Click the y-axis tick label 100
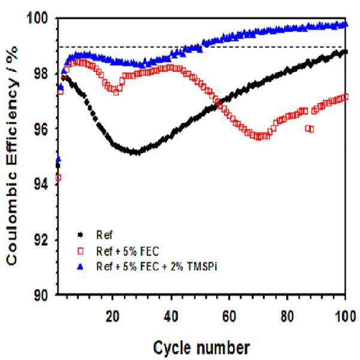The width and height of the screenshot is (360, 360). (38, 18)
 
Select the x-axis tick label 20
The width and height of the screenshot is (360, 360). (113, 316)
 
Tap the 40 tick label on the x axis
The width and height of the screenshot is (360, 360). (171, 316)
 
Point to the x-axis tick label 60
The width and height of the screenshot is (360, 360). (229, 316)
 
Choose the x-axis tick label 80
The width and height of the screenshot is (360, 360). (287, 316)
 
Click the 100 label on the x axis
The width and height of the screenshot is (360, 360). (345, 316)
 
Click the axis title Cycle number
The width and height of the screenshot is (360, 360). (201, 348)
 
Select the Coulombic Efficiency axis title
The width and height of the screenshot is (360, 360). (12, 156)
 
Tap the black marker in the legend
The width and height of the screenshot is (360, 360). (80, 235)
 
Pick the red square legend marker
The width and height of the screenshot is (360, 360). (80, 252)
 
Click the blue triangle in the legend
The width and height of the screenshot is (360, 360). (80, 267)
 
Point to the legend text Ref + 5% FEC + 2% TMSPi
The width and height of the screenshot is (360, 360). (157, 267)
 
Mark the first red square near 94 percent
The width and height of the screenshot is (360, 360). (58, 177)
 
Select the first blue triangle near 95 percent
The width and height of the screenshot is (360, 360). (58, 159)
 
